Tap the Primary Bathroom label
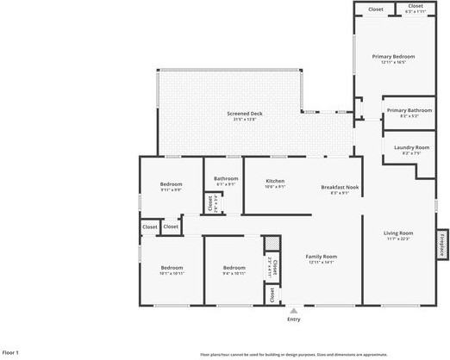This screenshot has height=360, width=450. point(409,110)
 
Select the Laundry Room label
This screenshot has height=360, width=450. point(411,147)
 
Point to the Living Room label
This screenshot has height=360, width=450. point(398,233)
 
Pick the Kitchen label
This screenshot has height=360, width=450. point(275,181)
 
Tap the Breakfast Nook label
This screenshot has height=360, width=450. point(340,187)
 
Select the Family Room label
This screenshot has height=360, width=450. point(322,257)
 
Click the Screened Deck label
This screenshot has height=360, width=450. point(244,114)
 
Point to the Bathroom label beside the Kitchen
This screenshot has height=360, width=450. point(226,178)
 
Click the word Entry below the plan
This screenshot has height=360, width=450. point(294,320)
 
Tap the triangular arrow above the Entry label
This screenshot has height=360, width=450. point(294,311)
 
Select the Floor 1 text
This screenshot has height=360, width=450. point(10,352)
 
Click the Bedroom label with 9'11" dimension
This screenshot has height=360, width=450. point(171,184)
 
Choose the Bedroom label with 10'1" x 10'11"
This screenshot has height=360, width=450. point(172,268)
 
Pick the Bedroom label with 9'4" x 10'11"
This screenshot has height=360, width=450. point(234,268)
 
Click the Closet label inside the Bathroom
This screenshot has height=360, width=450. point(209,204)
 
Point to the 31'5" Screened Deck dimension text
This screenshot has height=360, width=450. point(244,120)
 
